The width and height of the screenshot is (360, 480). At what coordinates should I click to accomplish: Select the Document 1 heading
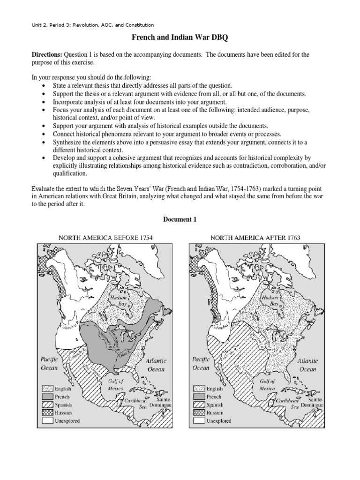(180, 219)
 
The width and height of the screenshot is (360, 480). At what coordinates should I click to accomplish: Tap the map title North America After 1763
(255, 237)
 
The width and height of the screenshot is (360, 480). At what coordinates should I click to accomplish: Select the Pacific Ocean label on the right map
(202, 364)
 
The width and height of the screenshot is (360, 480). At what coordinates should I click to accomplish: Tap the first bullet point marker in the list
(44, 86)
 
